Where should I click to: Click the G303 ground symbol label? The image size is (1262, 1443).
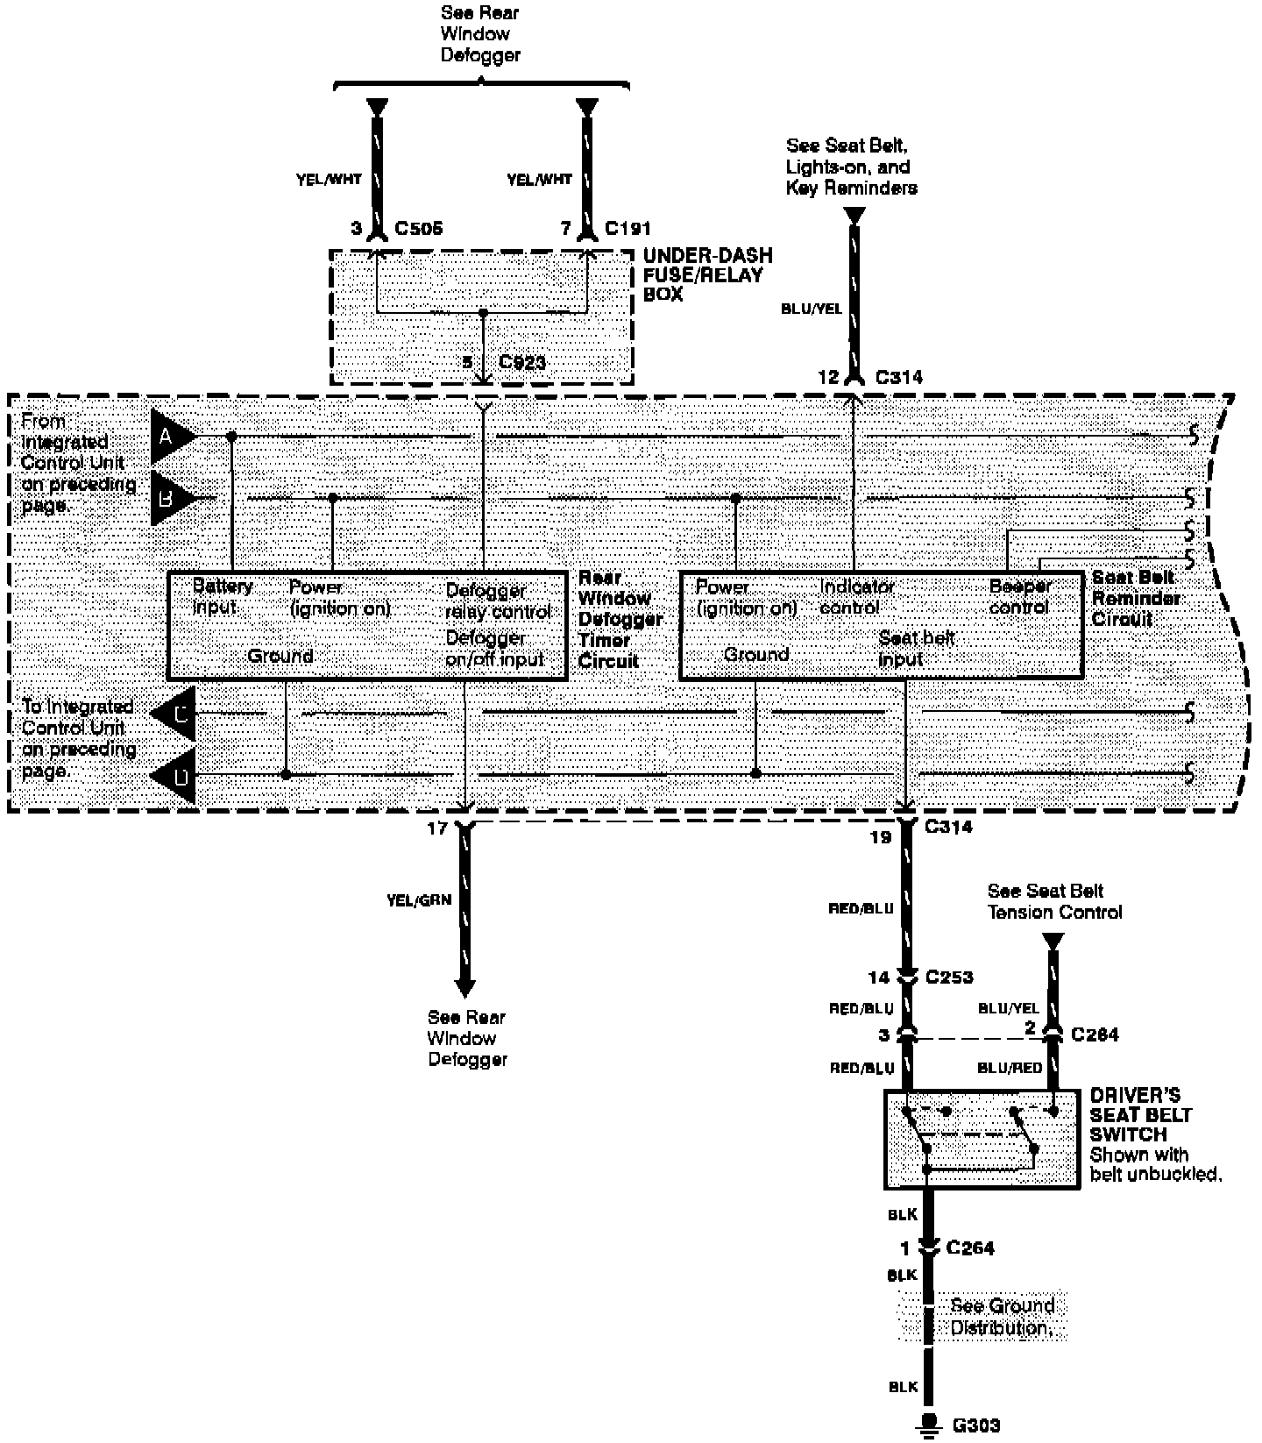point(975,1425)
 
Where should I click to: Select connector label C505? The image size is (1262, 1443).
point(418,229)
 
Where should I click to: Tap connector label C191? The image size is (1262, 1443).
point(627,229)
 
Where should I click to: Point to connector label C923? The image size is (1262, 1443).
point(522,362)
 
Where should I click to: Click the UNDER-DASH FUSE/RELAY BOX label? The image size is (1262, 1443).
point(707,274)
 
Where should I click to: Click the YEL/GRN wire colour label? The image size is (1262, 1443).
point(418,899)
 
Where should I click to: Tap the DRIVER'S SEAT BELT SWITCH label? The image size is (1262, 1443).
point(1140,1114)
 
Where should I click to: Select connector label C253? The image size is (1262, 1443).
point(949,977)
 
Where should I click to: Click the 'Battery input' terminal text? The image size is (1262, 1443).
point(223,596)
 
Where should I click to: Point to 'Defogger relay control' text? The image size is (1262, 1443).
point(498,601)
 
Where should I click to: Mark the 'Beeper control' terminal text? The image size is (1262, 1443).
point(1019,596)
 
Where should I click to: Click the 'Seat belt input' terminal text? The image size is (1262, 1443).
point(915,648)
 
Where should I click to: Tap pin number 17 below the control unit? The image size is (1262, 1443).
point(437,828)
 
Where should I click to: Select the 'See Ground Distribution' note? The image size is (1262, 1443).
point(1001,1317)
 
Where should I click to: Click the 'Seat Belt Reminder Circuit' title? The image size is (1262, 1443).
point(1135,598)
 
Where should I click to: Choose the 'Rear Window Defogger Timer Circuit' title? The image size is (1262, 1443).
point(620,619)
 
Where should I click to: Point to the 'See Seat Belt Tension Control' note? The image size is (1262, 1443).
point(1053,901)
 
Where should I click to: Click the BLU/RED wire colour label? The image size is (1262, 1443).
point(1010,1068)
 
